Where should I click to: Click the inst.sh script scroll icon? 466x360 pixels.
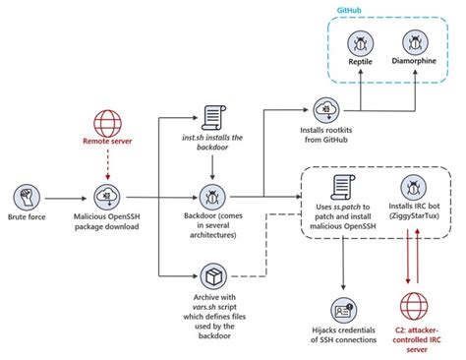214,117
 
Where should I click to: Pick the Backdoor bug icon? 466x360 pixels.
214,194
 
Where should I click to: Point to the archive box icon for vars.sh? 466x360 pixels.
214,275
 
